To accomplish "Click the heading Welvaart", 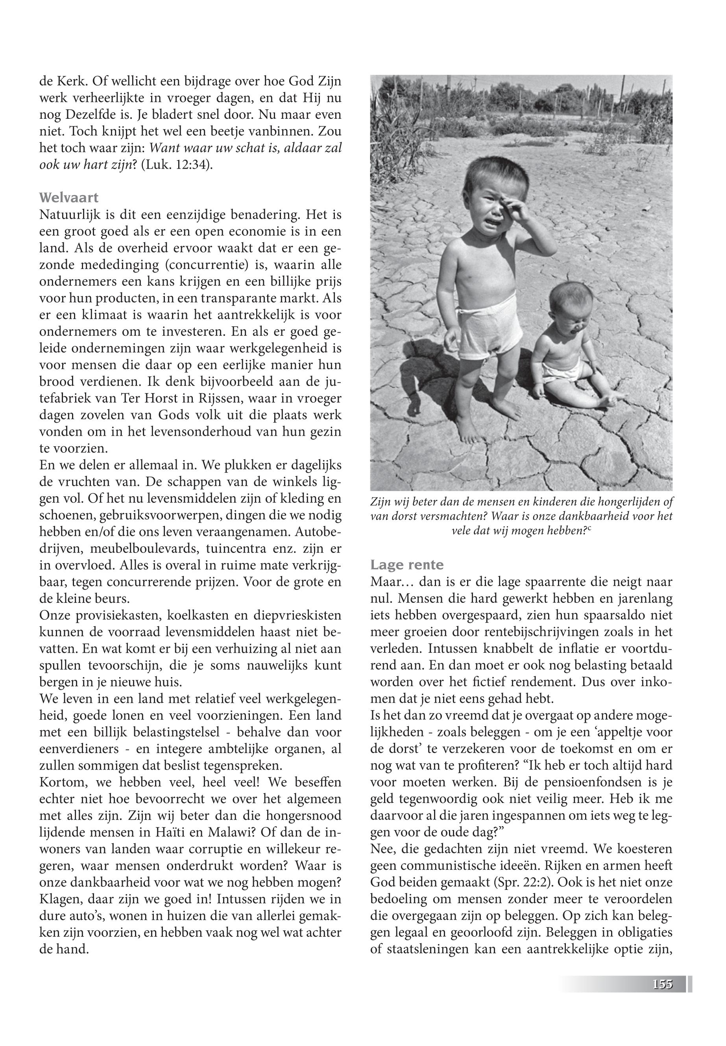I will point(69,198).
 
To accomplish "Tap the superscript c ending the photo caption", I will point(589,528).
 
